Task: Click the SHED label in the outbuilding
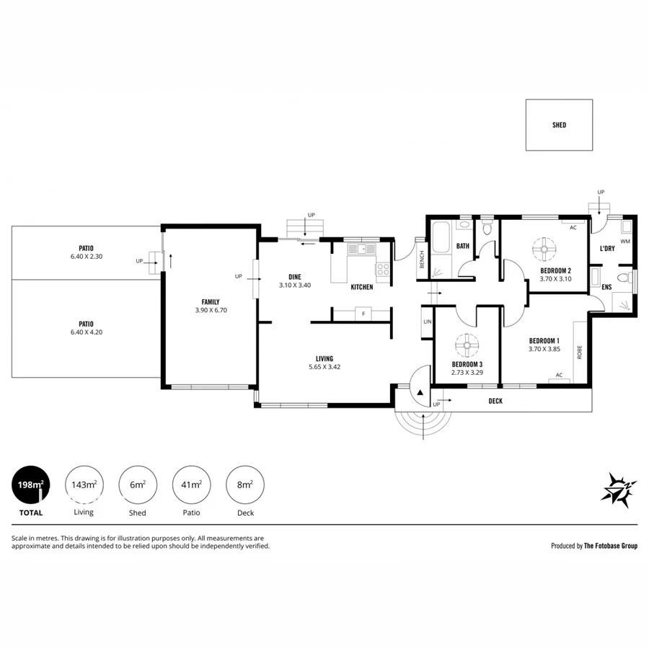click(x=559, y=125)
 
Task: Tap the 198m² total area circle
click(x=30, y=485)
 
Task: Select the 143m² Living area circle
click(x=84, y=485)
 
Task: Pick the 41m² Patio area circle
click(x=191, y=485)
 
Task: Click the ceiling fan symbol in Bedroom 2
click(x=544, y=250)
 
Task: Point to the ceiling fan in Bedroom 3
click(x=465, y=344)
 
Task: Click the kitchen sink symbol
click(x=361, y=250)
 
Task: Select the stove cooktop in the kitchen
click(x=382, y=270)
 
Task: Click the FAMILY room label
click(x=211, y=302)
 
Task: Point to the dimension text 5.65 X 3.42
click(x=324, y=367)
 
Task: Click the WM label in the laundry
click(x=624, y=242)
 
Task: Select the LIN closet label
click(x=427, y=322)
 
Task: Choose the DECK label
click(x=495, y=401)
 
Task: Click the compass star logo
click(x=618, y=490)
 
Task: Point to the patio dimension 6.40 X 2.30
click(x=87, y=256)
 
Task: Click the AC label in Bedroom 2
click(x=573, y=227)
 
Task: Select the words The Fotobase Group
click(x=612, y=546)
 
